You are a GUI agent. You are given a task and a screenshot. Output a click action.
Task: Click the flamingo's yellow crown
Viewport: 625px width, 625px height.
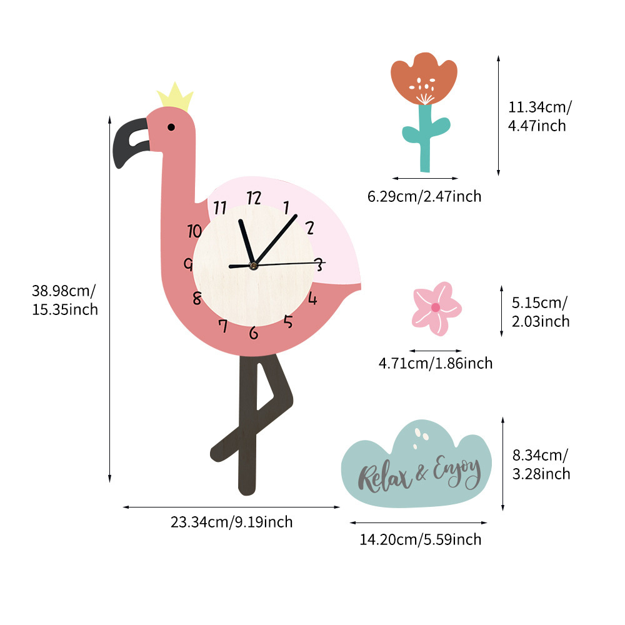[x=175, y=98]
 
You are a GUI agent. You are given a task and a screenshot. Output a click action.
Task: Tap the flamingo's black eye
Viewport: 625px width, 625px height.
[x=171, y=127]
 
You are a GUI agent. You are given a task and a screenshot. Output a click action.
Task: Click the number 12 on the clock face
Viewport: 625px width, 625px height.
[x=253, y=198]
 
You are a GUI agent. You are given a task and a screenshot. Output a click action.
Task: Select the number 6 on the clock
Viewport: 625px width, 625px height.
[x=253, y=333]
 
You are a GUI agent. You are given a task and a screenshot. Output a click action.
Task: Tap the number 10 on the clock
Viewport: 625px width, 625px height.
[x=194, y=230]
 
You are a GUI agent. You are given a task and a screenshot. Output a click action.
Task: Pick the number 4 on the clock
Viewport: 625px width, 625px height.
[x=312, y=298]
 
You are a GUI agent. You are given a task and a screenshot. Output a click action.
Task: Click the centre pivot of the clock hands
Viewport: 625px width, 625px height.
[x=253, y=266]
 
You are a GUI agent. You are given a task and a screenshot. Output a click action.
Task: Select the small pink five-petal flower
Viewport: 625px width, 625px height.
[x=436, y=307]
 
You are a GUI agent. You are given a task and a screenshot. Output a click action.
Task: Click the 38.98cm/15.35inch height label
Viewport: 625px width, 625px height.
[x=65, y=300]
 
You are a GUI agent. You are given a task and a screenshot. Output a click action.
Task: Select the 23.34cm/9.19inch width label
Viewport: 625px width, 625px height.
[x=231, y=522]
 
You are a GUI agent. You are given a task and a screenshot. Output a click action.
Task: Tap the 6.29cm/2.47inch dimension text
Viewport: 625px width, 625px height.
[x=424, y=197]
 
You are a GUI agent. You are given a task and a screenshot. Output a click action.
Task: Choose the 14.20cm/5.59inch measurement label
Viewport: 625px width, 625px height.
[x=420, y=539]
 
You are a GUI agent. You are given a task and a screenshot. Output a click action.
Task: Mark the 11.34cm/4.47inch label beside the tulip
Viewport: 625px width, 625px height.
[x=539, y=117]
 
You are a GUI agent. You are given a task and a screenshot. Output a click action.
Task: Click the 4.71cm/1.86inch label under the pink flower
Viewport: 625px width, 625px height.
[x=436, y=363]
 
